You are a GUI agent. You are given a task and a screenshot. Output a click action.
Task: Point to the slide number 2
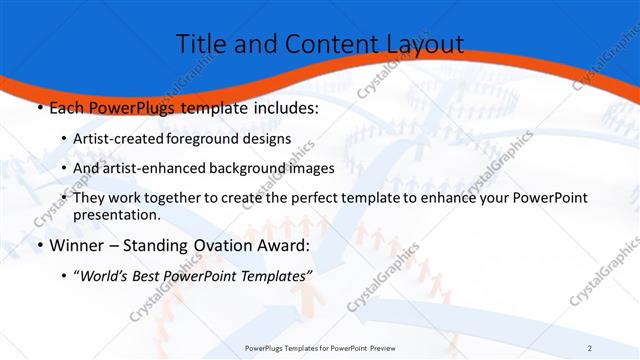coord(590,348)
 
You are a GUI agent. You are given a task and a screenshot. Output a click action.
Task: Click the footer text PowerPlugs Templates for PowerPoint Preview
coord(320,348)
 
